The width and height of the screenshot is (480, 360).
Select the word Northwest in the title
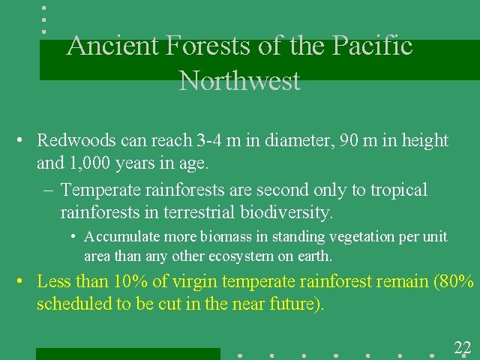[239, 80]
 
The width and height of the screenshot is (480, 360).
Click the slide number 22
[462, 346]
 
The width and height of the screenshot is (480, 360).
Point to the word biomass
[225, 237]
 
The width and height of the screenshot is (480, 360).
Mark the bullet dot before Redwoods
[24, 141]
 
